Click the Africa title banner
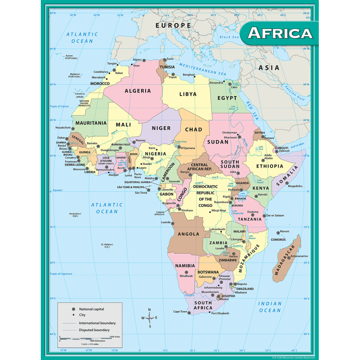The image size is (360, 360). click(x=280, y=33)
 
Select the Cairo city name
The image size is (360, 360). click(x=234, y=87)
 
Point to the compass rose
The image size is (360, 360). click(x=149, y=318)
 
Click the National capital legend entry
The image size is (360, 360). click(x=91, y=309)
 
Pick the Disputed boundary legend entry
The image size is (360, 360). click(x=94, y=330)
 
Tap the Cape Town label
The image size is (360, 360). click(x=180, y=312)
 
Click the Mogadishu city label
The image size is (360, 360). click(x=295, y=186)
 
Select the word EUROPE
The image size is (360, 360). click(x=173, y=25)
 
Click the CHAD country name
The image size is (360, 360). click(x=194, y=129)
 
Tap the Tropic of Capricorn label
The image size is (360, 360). click(x=61, y=274)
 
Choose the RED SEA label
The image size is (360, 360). click(x=252, y=111)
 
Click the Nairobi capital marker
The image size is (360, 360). click(x=256, y=196)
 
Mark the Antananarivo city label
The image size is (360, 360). click(x=299, y=256)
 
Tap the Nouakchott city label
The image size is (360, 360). click(x=63, y=128)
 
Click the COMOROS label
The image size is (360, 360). click(x=278, y=240)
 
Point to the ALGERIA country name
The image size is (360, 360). click(x=138, y=91)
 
